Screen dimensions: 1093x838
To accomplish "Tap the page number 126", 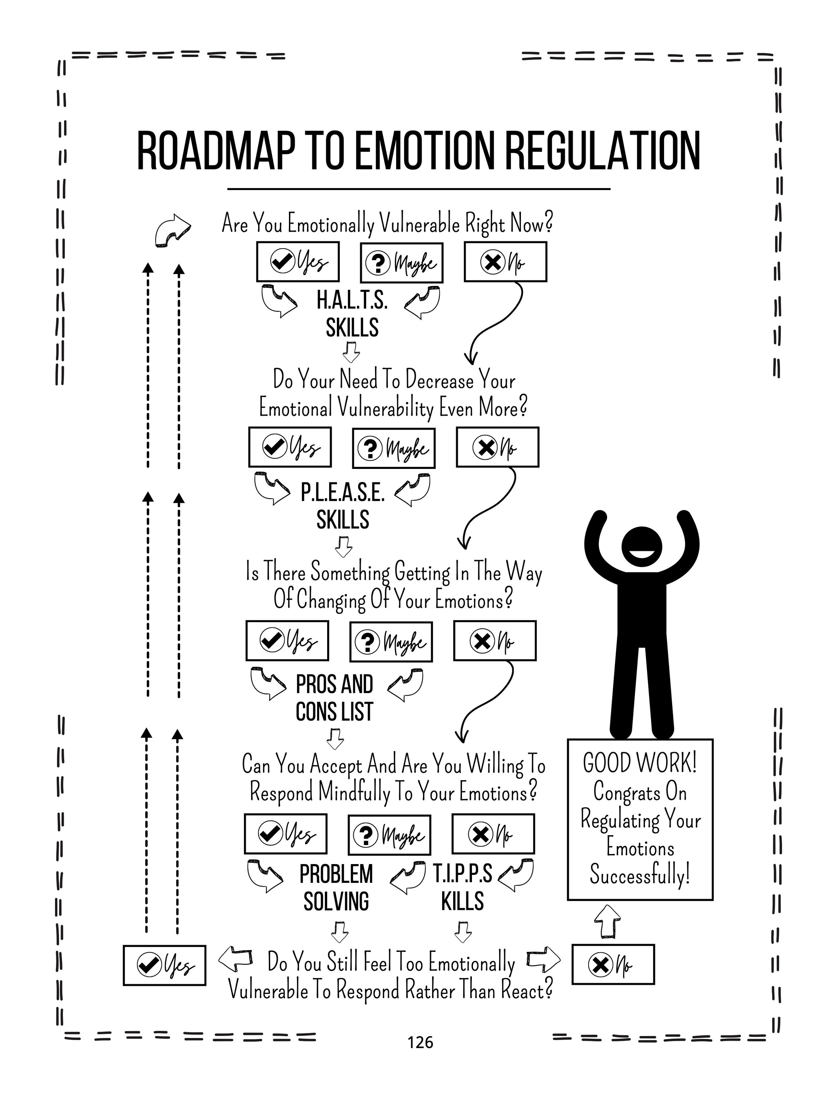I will (420, 1042).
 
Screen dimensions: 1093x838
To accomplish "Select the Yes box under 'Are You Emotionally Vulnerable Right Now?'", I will (298, 262).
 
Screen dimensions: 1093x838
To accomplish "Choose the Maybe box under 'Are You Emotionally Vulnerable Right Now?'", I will (402, 263).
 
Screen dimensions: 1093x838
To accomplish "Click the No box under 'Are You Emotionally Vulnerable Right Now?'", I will (505, 262).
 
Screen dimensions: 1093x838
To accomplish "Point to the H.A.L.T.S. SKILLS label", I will (352, 314).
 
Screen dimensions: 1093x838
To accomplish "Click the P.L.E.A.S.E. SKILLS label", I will (343, 506).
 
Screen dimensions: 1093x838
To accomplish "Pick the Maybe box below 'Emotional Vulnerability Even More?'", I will (394, 448).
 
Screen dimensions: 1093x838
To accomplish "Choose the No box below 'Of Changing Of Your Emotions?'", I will (495, 641).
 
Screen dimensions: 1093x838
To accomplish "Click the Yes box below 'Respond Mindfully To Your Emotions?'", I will (285, 833).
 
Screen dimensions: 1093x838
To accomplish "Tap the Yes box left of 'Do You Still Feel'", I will (165, 965).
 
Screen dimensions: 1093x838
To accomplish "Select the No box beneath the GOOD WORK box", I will (612, 964).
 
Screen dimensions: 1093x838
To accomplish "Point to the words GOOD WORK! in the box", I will (640, 763).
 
